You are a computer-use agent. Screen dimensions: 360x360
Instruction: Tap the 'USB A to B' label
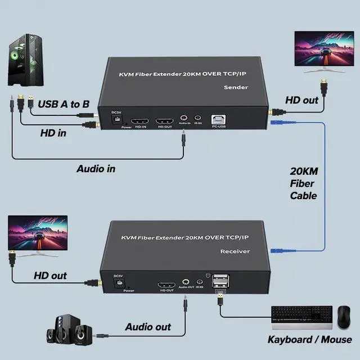tap(63, 103)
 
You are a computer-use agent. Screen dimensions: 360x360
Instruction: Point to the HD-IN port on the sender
tap(139, 121)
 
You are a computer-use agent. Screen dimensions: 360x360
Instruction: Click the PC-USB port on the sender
tap(219, 120)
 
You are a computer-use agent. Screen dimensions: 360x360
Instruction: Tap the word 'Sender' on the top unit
tap(236, 88)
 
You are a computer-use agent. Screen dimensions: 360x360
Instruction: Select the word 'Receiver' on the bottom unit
tap(235, 251)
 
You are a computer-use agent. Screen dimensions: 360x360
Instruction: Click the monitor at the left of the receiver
tap(37, 235)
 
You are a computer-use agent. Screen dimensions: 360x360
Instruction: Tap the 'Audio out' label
tap(147, 327)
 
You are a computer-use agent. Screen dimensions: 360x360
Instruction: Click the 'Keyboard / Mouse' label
tap(309, 339)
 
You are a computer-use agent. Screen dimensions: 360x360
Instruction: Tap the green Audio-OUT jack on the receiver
tap(186, 282)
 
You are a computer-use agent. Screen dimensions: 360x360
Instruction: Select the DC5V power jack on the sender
tap(116, 117)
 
